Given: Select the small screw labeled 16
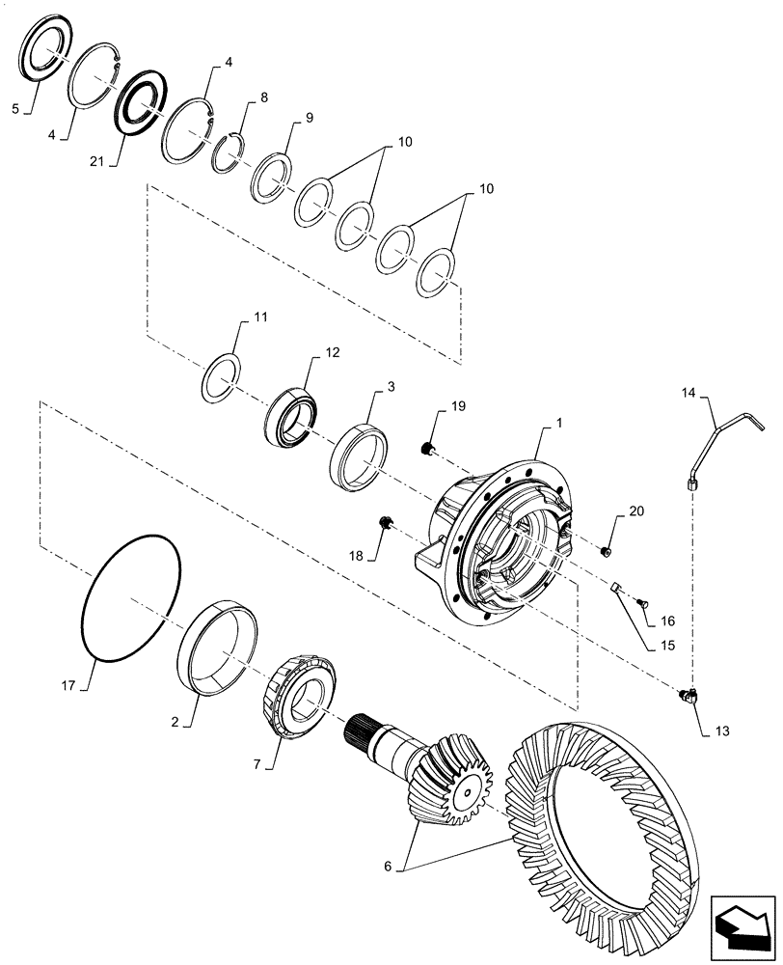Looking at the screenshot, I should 644,603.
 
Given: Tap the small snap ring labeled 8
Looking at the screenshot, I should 228,153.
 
